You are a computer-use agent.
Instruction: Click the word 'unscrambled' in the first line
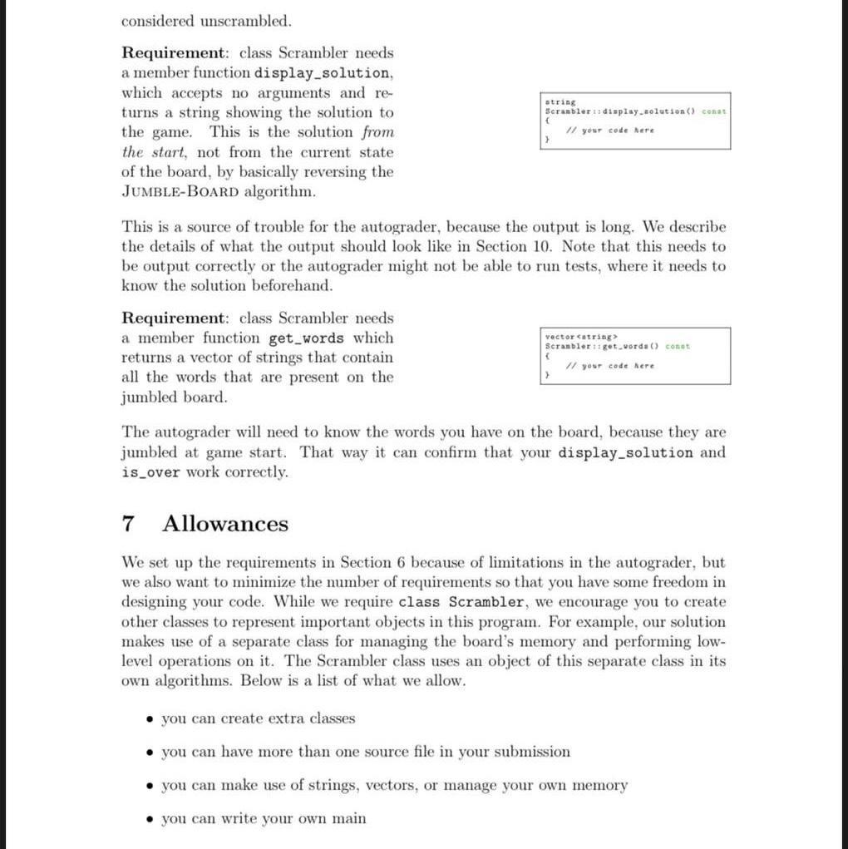click(249, 20)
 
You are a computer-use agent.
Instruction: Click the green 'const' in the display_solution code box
click(713, 111)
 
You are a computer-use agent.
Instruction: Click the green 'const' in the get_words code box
click(678, 347)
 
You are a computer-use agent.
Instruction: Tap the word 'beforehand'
click(285, 286)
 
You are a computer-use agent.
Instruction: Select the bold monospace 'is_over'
click(151, 472)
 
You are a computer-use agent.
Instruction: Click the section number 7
click(128, 524)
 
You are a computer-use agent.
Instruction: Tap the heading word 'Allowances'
click(225, 524)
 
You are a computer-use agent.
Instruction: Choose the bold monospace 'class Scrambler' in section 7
click(461, 602)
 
